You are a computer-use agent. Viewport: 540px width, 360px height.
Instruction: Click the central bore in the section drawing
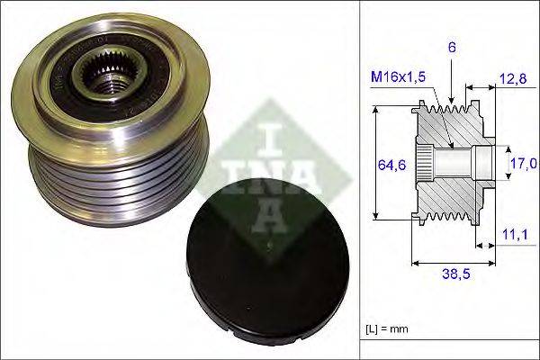coord(454,164)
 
